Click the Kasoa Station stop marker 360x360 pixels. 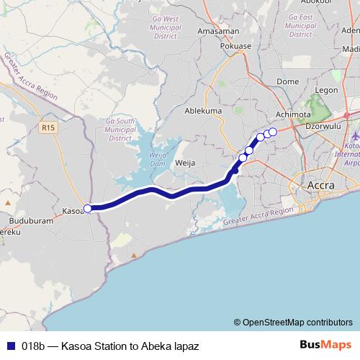click(x=88, y=209)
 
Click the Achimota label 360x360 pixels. click(x=294, y=114)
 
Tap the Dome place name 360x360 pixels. click(x=287, y=81)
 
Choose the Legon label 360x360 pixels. click(x=326, y=90)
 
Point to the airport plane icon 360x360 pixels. click(x=356, y=135)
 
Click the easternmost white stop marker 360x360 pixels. click(x=273, y=131)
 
